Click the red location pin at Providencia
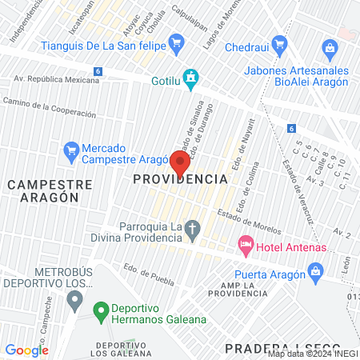pos(180,162)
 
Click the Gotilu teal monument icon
pos(190,78)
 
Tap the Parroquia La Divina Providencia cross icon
pos(192,231)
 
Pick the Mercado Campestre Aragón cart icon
pos(70,150)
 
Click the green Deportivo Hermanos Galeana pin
pos(100,310)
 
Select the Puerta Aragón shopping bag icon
pos(316,273)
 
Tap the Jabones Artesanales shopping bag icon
pos(330,49)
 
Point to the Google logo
pos(26,350)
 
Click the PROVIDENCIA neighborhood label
pos(180,179)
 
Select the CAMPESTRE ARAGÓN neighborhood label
pos(50,192)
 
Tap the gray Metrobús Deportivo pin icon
pos(75,301)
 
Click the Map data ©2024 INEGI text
pos(311,353)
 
